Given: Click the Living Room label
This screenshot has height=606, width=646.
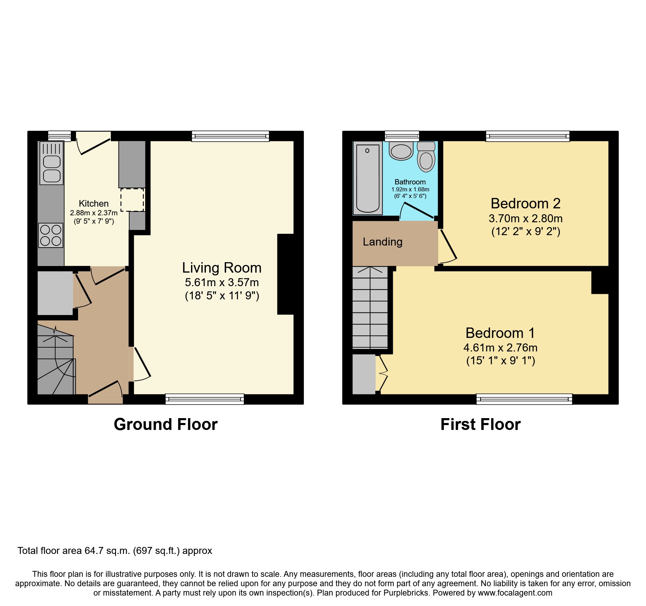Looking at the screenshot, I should (x=222, y=268).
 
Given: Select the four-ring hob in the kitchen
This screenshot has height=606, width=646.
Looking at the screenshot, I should (x=51, y=235).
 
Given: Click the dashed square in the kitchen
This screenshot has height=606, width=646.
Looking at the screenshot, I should (x=132, y=200).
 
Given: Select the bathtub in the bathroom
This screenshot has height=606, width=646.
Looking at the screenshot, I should (x=367, y=178).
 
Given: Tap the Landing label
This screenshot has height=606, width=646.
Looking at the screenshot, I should (x=382, y=242).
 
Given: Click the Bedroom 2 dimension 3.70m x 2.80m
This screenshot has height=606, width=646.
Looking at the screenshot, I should (x=525, y=218).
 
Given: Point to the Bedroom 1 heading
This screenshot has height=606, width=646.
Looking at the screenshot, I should (x=500, y=333).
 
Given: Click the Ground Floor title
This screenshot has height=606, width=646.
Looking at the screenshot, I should (x=166, y=424).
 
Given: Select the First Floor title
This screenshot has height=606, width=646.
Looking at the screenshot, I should (x=480, y=424).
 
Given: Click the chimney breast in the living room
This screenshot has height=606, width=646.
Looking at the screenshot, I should (x=286, y=274).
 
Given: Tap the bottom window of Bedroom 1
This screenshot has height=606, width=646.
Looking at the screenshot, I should (x=524, y=399).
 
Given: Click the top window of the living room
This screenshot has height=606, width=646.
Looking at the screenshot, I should (x=230, y=136).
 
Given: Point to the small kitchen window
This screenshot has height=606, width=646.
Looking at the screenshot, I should (x=59, y=135).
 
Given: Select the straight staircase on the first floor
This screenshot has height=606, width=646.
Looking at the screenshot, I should (x=370, y=307).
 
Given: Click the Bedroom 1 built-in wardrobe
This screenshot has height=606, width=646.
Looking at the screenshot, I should (x=364, y=374).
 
